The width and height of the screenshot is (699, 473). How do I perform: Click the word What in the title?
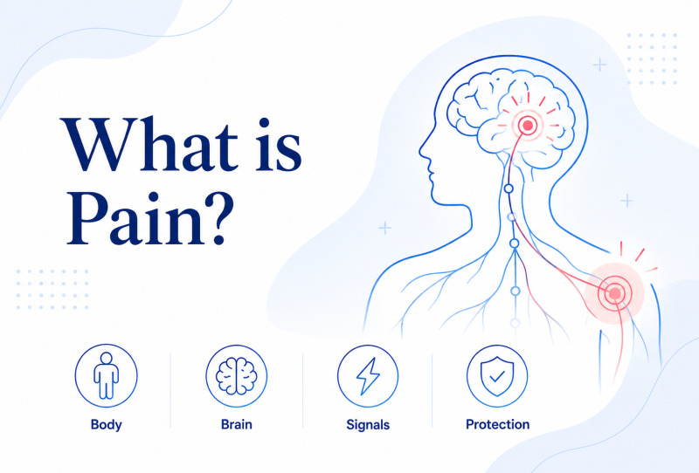149,144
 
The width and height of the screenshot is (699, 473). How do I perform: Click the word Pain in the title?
136,217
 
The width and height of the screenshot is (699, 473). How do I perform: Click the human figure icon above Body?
106,375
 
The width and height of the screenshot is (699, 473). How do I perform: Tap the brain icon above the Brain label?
236,376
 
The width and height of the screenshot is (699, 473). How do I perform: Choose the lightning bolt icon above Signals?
368,376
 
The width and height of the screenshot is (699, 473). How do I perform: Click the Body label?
106,424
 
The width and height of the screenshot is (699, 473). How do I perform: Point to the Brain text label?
236,424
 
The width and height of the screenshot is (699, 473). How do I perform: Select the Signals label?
368,425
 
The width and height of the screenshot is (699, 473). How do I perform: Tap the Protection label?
497,424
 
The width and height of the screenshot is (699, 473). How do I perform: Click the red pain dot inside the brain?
528,125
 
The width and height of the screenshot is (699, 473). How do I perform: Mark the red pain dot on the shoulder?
615,292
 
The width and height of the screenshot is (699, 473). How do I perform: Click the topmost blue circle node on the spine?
509,189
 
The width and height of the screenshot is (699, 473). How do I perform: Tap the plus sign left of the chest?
384,228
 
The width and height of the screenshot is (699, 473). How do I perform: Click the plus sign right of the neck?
626,201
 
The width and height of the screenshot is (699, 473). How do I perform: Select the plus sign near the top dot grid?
600,65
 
